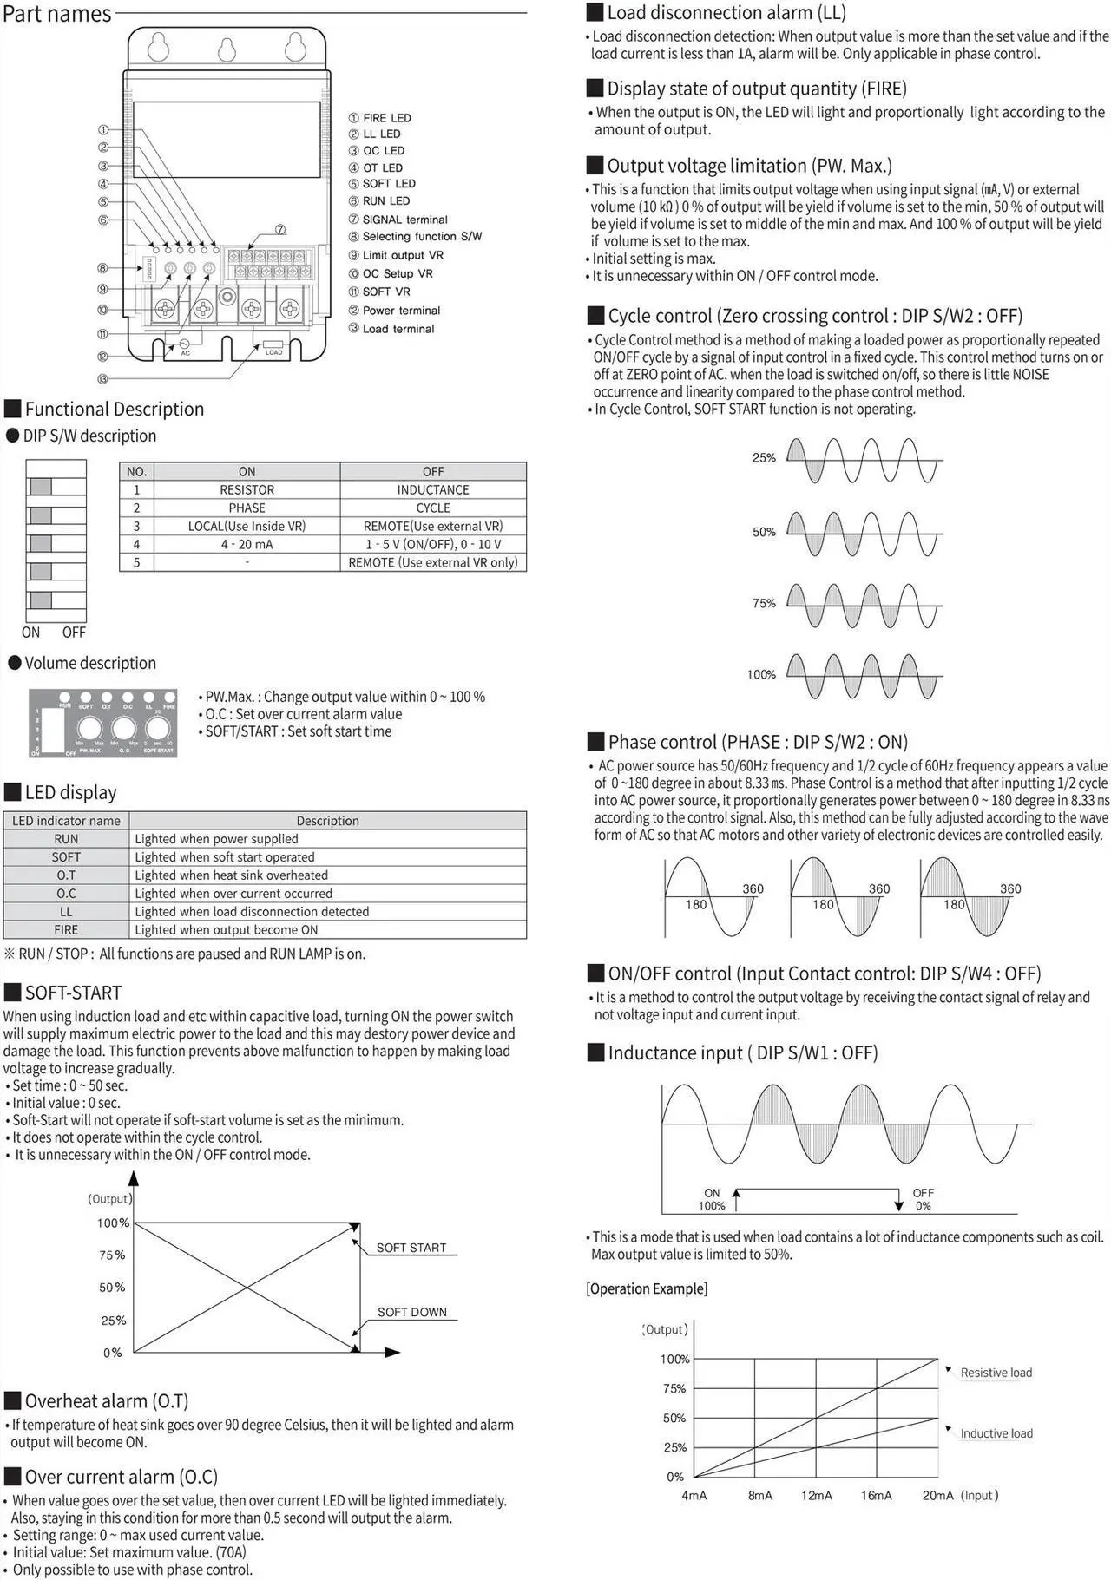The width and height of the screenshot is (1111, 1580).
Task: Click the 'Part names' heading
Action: click(x=57, y=14)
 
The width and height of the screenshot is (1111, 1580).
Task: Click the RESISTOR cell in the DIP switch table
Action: click(x=247, y=490)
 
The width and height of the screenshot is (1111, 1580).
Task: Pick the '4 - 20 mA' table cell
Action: click(x=247, y=545)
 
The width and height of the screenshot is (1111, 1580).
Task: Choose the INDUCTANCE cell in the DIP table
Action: click(x=432, y=490)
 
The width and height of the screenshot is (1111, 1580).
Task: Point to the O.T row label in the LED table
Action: click(x=66, y=875)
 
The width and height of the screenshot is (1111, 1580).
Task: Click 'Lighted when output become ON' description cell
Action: click(x=227, y=930)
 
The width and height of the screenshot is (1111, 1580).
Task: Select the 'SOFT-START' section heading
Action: click(x=73, y=993)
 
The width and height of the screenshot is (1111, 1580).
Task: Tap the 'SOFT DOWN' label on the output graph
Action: click(x=411, y=1312)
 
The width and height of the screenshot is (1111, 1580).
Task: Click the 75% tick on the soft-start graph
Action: click(x=112, y=1255)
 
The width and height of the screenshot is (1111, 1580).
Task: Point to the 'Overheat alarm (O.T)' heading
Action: click(x=106, y=1400)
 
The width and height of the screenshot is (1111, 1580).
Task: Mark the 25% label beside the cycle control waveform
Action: click(x=764, y=458)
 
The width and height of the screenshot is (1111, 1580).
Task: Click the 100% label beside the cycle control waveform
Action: click(x=761, y=675)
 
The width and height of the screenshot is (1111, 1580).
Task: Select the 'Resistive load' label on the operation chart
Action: click(x=996, y=1373)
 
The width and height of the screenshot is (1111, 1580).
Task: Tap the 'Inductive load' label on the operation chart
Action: click(x=996, y=1433)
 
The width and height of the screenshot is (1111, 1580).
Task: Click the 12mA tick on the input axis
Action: click(x=816, y=1495)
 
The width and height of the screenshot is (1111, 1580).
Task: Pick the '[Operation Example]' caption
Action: click(x=647, y=1288)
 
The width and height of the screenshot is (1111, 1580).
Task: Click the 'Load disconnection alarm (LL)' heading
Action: click(x=726, y=12)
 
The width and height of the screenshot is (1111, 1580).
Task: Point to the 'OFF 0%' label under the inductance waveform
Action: click(x=923, y=1199)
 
